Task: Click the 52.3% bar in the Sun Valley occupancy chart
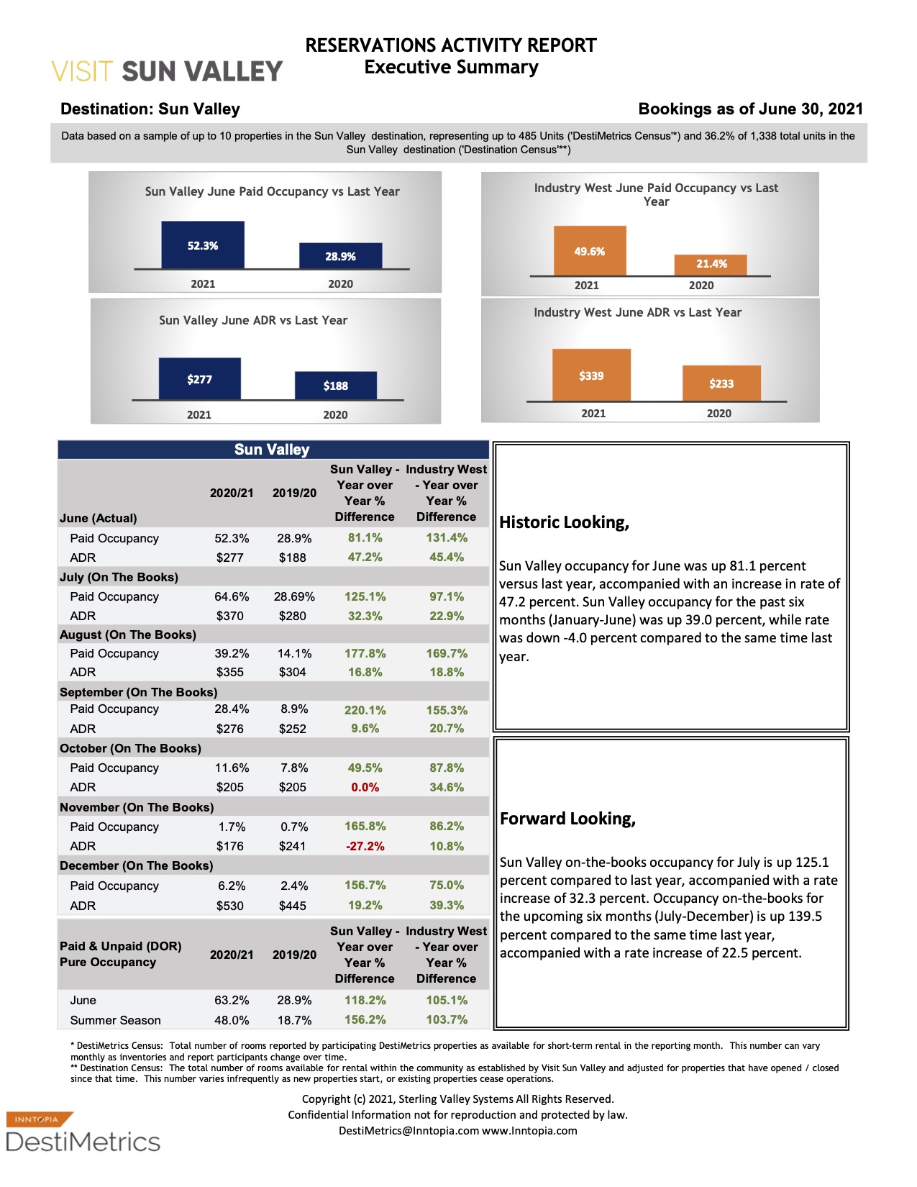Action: click(x=203, y=245)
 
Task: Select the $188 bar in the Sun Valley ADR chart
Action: click(x=335, y=386)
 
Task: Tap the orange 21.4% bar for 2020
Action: click(x=711, y=265)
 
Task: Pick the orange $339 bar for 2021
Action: click(x=591, y=375)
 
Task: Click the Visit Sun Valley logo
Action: click(x=167, y=71)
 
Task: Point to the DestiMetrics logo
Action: click(x=83, y=1132)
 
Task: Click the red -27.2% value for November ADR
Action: click(x=365, y=846)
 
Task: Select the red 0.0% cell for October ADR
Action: click(x=365, y=787)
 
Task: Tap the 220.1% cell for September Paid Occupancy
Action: click(x=365, y=710)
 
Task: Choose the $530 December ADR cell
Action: click(x=230, y=906)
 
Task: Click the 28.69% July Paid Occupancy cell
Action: click(x=294, y=596)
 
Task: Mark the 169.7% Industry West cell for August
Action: click(x=446, y=653)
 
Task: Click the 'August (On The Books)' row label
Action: click(x=128, y=635)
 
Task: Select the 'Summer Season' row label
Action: click(x=115, y=1020)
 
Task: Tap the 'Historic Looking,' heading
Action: click(x=564, y=523)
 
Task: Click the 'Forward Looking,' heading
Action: click(x=567, y=819)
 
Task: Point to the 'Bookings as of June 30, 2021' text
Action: click(x=750, y=109)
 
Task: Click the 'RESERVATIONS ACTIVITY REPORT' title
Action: click(x=451, y=45)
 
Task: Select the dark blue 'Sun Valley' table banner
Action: click(x=273, y=450)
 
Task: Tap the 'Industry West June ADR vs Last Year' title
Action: click(x=637, y=312)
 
